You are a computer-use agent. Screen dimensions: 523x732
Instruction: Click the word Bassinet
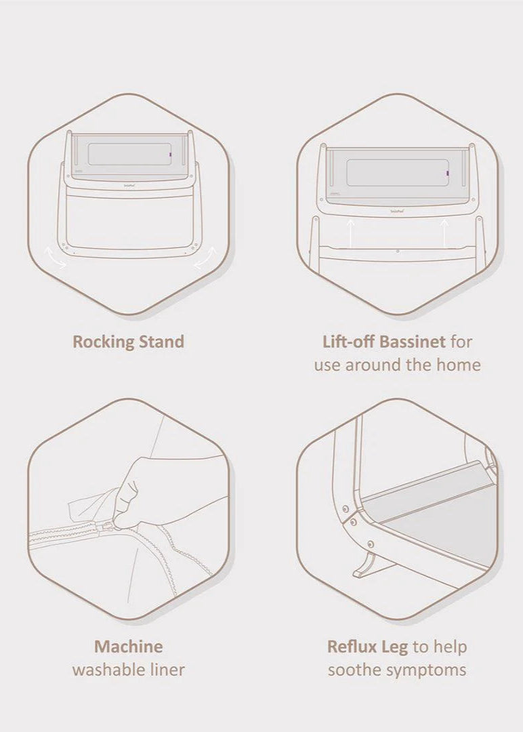tap(413, 341)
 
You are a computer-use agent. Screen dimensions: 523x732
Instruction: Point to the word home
tap(458, 364)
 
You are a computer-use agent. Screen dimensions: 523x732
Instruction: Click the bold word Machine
tap(128, 647)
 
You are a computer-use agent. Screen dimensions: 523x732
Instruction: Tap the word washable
tap(107, 670)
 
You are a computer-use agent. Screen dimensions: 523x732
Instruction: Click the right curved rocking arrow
tap(206, 258)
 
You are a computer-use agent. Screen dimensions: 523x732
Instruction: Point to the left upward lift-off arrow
tap(351, 233)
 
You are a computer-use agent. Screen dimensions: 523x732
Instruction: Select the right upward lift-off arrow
tap(444, 233)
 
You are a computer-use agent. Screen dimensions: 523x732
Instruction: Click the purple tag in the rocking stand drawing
tap(171, 155)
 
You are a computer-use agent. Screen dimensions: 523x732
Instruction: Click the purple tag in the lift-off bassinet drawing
tap(447, 174)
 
